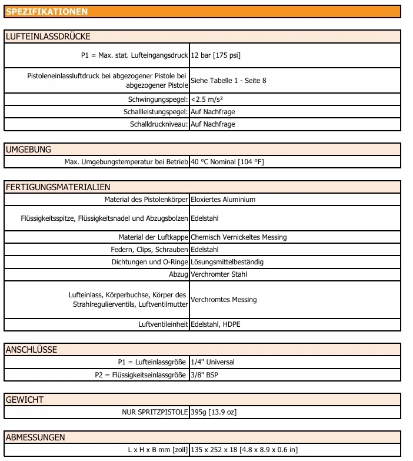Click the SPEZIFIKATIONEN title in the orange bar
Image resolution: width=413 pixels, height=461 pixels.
tap(47, 12)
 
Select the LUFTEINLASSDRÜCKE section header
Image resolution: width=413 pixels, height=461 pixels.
tap(48, 37)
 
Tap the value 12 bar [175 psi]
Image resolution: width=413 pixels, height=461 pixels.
tap(215, 55)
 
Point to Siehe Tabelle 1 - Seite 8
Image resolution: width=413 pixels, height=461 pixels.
tap(228, 80)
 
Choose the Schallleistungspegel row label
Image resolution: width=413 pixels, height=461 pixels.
tap(156, 112)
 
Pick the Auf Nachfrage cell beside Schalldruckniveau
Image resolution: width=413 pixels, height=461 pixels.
tap(212, 124)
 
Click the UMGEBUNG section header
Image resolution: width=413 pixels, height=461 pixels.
tap(28, 150)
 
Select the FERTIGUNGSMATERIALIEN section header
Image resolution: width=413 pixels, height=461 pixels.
tap(58, 187)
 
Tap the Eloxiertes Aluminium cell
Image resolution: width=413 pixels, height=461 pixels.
tap(223, 200)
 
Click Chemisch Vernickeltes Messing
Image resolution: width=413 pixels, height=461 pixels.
tap(238, 237)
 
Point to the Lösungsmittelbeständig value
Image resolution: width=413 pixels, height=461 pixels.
tap(227, 262)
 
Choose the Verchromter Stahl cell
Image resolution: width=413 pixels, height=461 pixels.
tap(219, 274)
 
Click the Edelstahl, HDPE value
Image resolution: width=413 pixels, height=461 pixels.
tap(215, 324)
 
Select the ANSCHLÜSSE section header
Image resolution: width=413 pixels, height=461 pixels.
tap(32, 350)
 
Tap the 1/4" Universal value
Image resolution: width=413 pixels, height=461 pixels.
tap(212, 362)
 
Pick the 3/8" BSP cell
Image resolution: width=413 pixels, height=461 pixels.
tap(204, 374)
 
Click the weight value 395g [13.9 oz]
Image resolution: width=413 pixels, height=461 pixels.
tap(214, 412)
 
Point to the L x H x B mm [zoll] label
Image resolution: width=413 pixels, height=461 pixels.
tap(158, 450)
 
